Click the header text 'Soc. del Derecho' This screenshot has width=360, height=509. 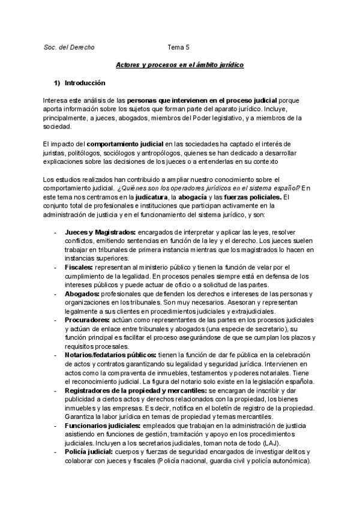pyautogui.click(x=69, y=46)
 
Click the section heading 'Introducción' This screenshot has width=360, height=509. pyautogui.click(x=85, y=82)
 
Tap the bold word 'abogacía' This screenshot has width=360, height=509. pyautogui.click(x=194, y=197)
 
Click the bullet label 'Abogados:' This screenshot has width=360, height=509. pyautogui.click(x=82, y=294)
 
